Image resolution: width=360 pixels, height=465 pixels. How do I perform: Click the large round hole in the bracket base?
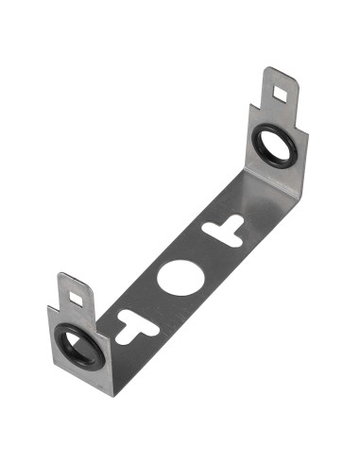[x=176, y=277]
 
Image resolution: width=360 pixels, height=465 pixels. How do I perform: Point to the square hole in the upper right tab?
[x=280, y=93]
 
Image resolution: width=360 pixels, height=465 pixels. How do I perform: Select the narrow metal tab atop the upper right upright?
[x=281, y=90]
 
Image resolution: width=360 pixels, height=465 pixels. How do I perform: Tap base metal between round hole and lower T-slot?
[x=154, y=301]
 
